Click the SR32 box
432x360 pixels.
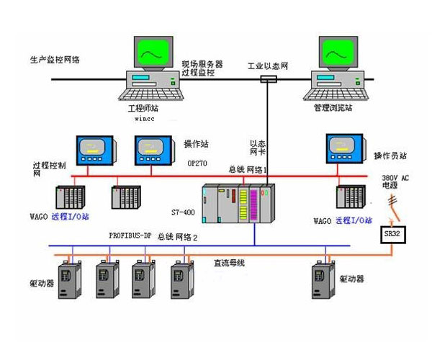(390, 235)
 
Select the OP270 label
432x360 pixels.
(197, 163)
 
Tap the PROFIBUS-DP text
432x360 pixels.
(131, 235)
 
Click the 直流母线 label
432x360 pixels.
(231, 263)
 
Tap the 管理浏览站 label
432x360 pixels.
(333, 108)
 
